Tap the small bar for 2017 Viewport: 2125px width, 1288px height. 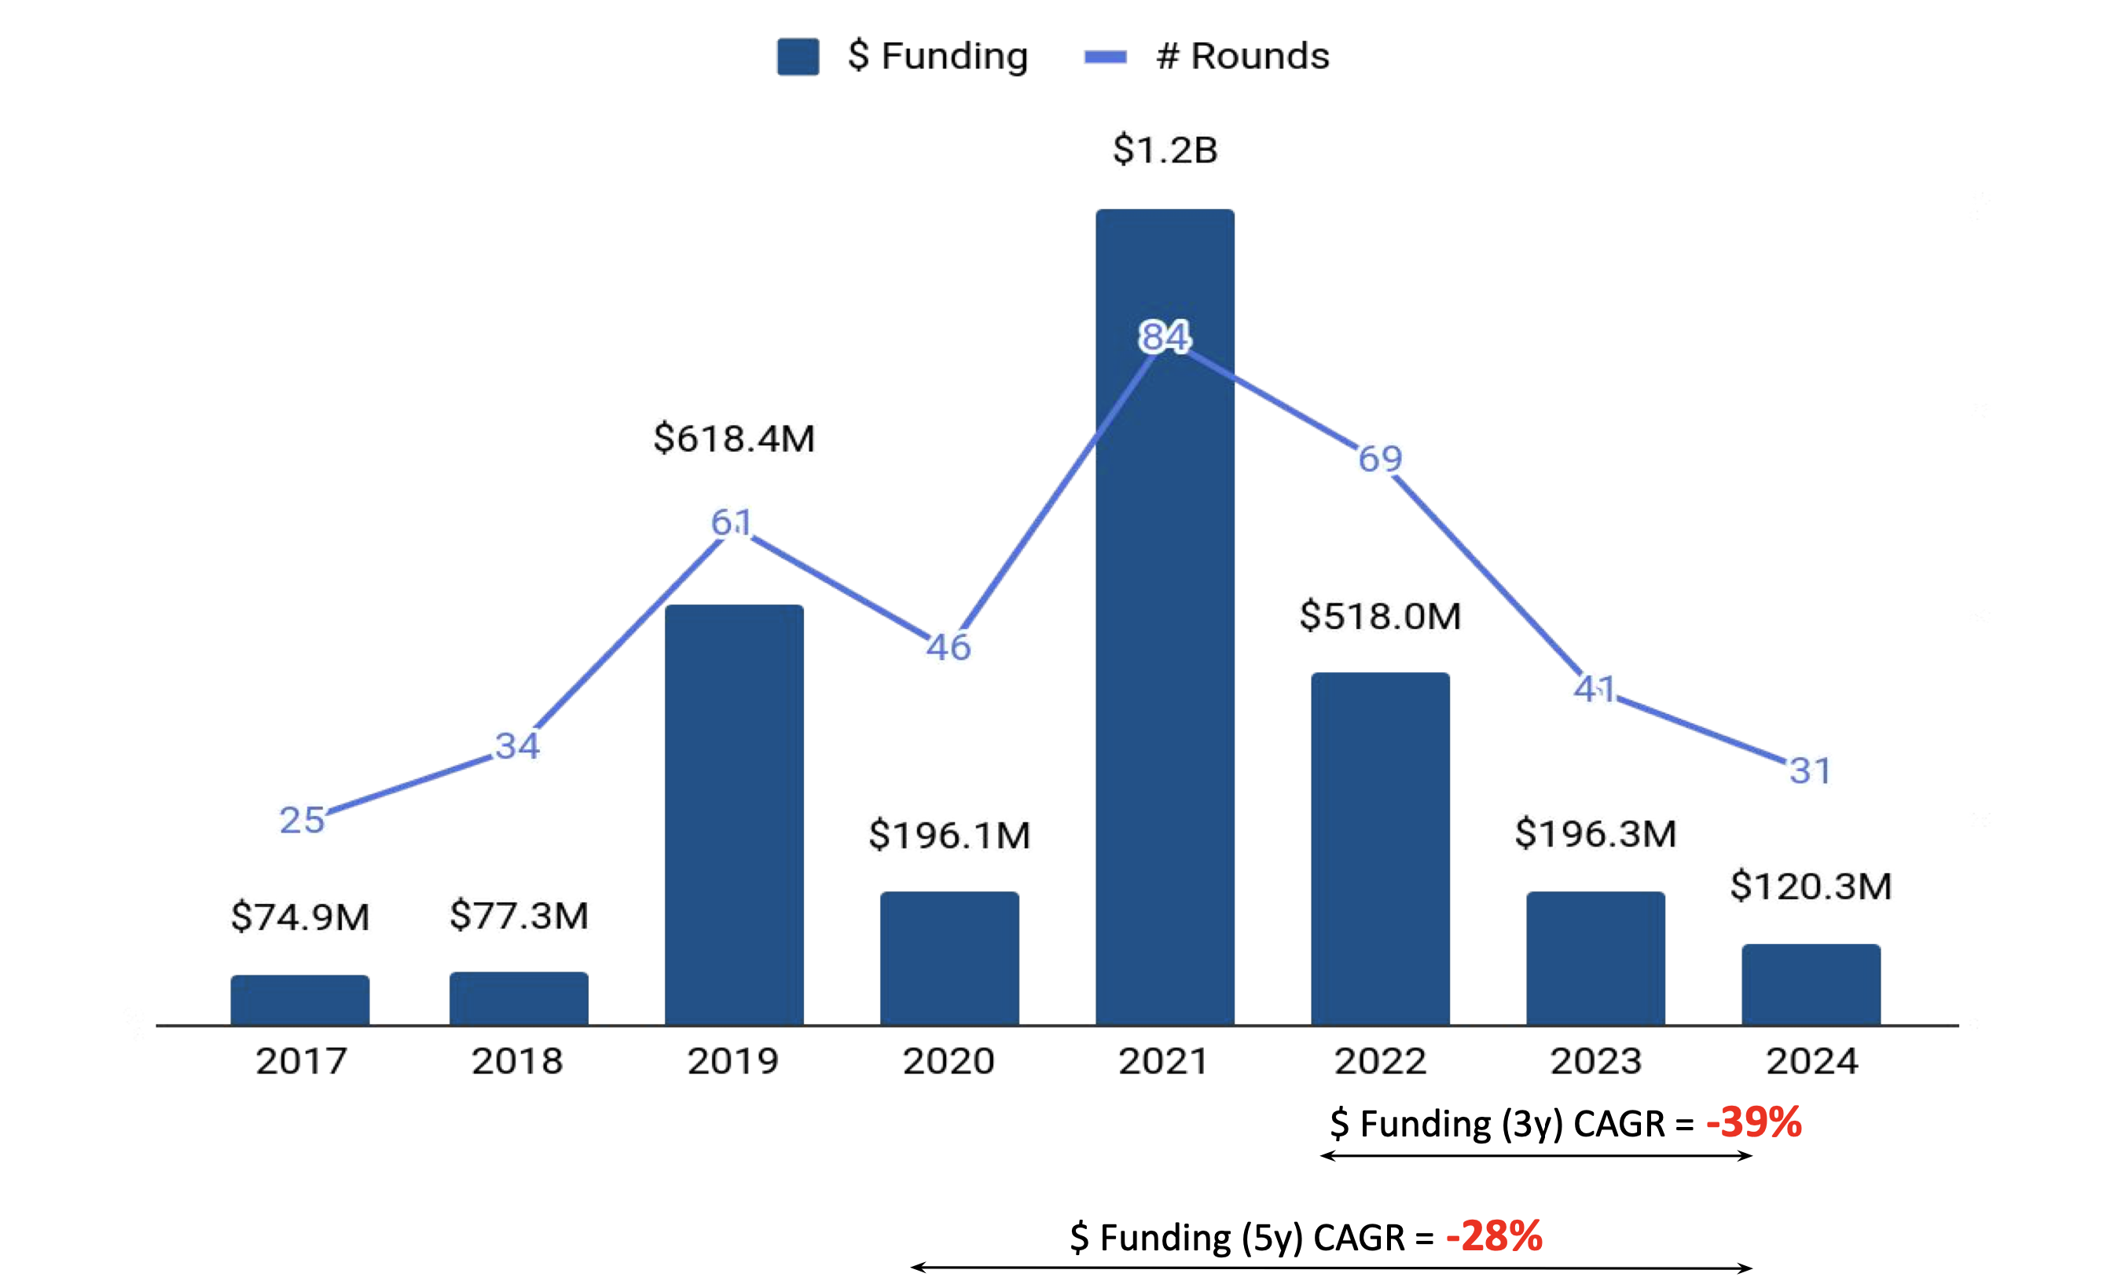pyautogui.click(x=300, y=999)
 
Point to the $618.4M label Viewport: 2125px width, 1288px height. pyautogui.click(x=734, y=438)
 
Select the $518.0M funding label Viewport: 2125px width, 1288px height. pyautogui.click(x=1380, y=617)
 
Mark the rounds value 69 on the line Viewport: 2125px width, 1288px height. pyautogui.click(x=1380, y=459)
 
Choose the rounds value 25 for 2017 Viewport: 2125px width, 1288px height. pyautogui.click(x=302, y=820)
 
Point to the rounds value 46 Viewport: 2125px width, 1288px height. pyautogui.click(x=949, y=646)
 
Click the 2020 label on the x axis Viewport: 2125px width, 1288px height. pyautogui.click(x=949, y=1061)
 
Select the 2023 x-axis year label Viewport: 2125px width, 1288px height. pyautogui.click(x=1595, y=1061)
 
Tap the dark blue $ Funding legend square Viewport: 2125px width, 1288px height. pyautogui.click(x=798, y=57)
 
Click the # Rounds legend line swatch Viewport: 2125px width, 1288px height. pyautogui.click(x=1105, y=57)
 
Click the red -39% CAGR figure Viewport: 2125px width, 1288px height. pyautogui.click(x=1753, y=1122)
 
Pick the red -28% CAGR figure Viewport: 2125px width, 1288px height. pyautogui.click(x=1494, y=1236)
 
